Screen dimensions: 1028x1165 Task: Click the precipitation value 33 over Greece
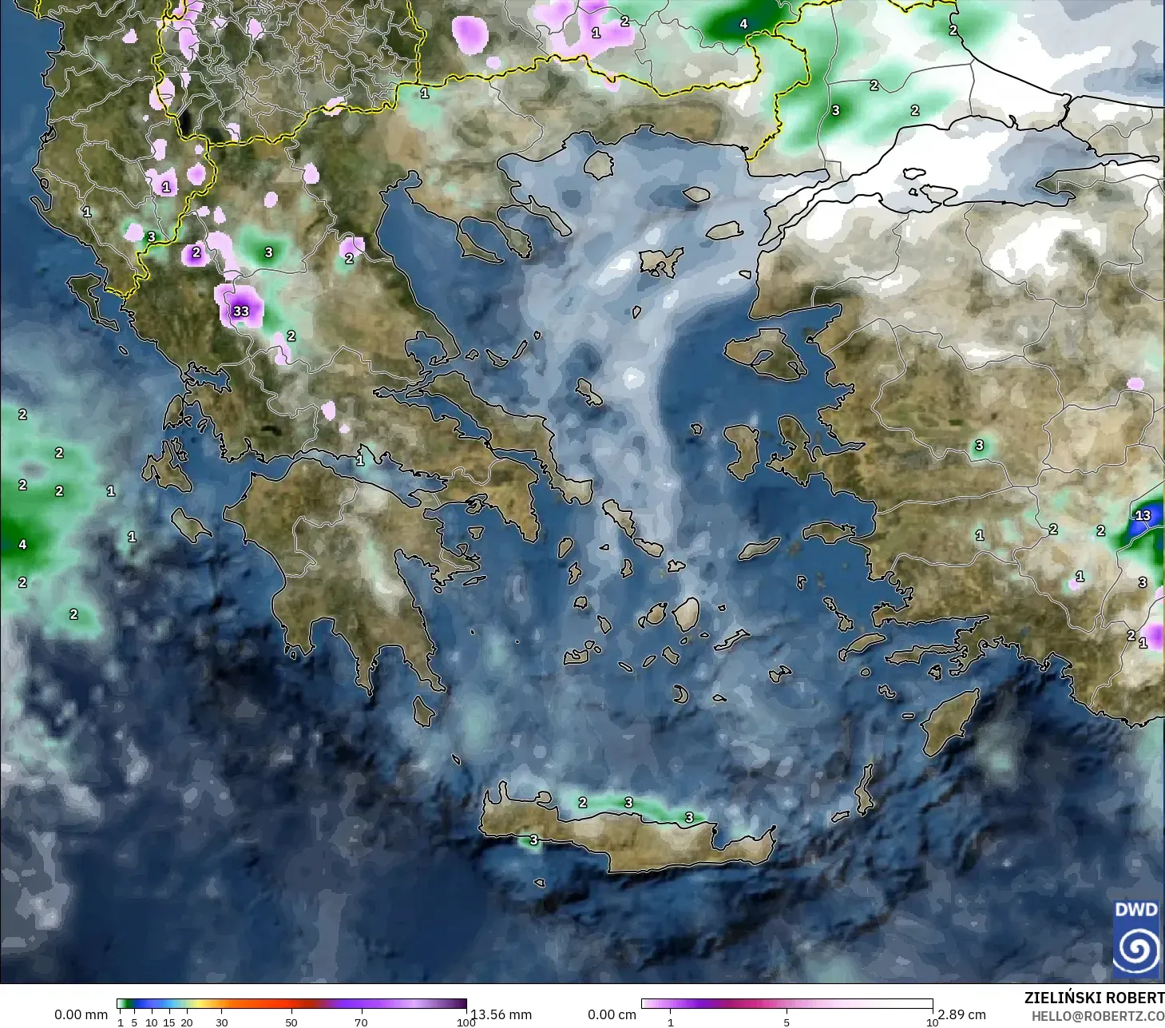tap(240, 311)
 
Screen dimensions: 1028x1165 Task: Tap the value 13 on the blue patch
tap(1143, 515)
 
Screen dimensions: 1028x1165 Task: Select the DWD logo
tap(1135, 939)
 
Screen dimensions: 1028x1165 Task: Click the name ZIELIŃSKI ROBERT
tap(1094, 998)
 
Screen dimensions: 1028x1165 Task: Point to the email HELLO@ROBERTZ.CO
tap(1097, 1015)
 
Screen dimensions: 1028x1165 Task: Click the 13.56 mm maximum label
tap(501, 1014)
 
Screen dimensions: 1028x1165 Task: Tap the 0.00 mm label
tap(81, 1014)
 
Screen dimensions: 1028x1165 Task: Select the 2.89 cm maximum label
tap(961, 1014)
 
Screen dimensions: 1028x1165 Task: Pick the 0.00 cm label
tap(612, 1014)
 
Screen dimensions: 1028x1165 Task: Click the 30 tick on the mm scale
tap(221, 1022)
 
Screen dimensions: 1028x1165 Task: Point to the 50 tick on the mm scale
tap(291, 1022)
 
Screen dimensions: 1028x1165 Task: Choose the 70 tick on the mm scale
tap(361, 1022)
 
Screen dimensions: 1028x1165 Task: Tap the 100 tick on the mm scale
tap(466, 1022)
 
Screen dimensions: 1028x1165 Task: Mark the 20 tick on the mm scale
tap(187, 1022)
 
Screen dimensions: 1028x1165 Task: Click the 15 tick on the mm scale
tap(169, 1022)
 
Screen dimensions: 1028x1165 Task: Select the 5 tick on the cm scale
tap(787, 1022)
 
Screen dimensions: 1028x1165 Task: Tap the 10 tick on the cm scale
tap(931, 1022)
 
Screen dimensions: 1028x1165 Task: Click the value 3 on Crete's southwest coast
tap(533, 839)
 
